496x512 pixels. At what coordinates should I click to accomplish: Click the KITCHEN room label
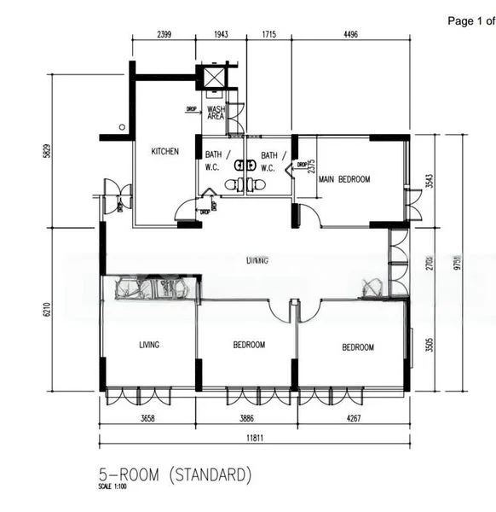click(x=165, y=152)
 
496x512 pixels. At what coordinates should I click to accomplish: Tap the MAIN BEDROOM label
click(x=344, y=179)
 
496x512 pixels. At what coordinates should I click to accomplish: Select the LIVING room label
click(x=150, y=346)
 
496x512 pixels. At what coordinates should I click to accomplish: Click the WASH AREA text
click(x=216, y=113)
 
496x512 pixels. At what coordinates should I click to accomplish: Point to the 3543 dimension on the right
click(x=430, y=180)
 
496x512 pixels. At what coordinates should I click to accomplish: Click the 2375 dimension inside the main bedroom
click(x=312, y=167)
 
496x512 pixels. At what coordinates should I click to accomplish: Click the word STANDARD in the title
click(x=210, y=473)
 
